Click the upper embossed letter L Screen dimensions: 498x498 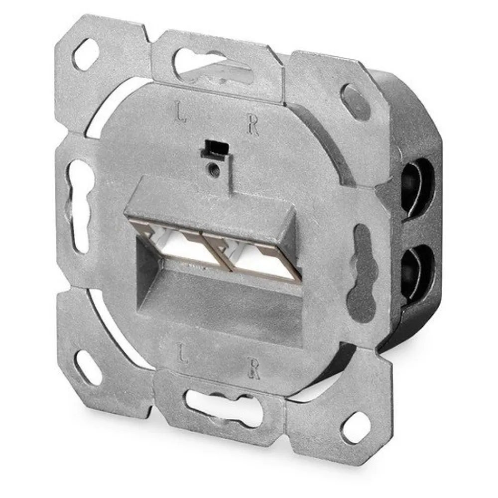(180, 112)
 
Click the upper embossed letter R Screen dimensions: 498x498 (253, 126)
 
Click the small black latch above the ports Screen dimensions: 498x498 (214, 148)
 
